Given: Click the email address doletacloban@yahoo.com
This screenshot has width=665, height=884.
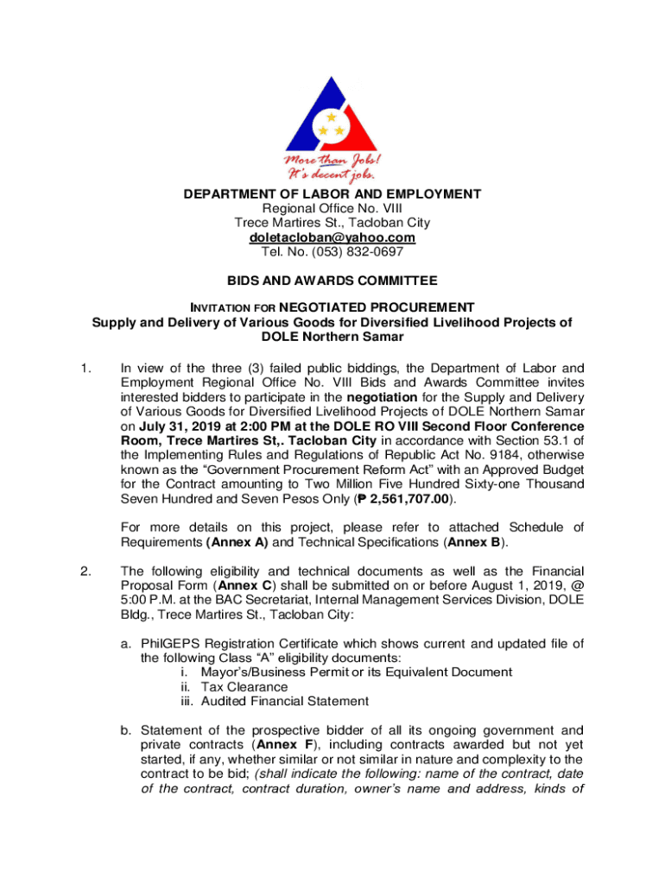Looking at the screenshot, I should coord(332,237).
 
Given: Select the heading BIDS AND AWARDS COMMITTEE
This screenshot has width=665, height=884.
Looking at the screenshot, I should coord(332,281).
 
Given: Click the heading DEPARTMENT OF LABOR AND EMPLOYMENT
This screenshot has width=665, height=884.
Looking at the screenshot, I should coord(332,194).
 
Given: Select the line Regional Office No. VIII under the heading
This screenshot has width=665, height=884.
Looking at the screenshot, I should coord(332,209).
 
